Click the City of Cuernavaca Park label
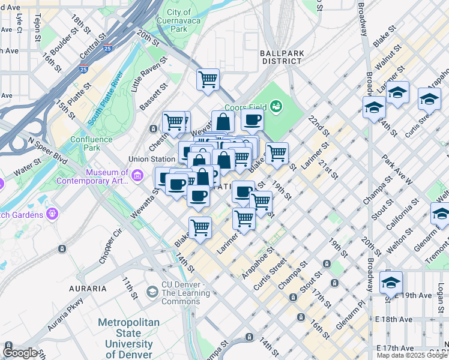pos(178,20)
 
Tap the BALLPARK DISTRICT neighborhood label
pos(281,57)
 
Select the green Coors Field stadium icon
pos(276,107)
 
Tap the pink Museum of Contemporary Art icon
pos(137,175)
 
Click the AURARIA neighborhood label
pos(88,289)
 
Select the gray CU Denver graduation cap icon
pos(152,292)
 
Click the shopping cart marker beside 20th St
pos(208,79)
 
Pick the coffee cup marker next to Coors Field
pos(253,119)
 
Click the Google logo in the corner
pos(20,353)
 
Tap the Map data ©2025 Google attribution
pos(412,355)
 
